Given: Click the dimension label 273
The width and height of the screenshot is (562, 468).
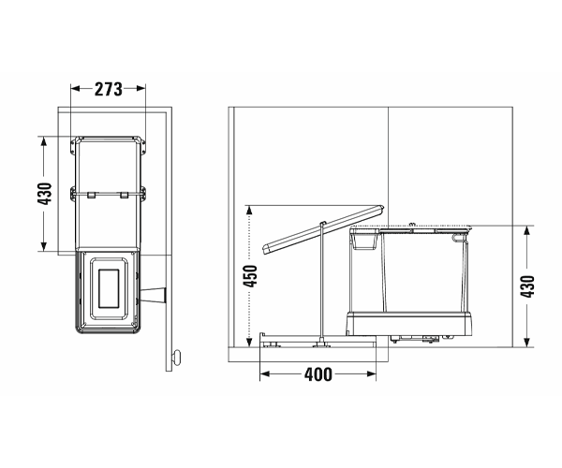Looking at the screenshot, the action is coord(109,89).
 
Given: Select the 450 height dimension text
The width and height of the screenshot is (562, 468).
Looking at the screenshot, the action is coord(250,276).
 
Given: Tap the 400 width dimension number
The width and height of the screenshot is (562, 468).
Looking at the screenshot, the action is coord(318,374).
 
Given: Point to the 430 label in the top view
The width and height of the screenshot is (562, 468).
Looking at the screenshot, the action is coord(45,194).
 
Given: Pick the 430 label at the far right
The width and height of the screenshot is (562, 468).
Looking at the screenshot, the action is coord(527,286).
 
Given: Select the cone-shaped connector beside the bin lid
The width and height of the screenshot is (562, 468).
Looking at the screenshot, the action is coord(153,296).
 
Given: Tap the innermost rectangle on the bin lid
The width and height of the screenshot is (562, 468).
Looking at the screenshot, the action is coord(109,288).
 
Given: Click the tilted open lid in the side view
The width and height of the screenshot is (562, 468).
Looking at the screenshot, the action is coord(324,229).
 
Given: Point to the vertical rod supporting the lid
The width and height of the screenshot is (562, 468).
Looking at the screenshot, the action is coord(322,282).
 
